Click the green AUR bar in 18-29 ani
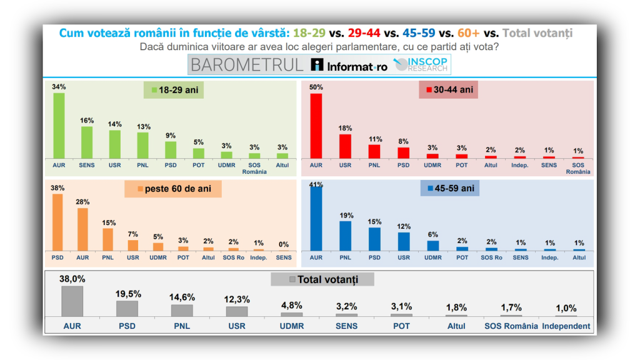[x=59, y=125]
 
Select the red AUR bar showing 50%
[x=316, y=126]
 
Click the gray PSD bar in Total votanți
[x=127, y=309]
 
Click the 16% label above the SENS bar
[x=86, y=121]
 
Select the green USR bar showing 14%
[x=115, y=144]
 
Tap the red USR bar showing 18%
[x=345, y=146]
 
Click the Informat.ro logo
[x=349, y=65]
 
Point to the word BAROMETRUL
[x=246, y=65]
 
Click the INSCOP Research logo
[x=420, y=64]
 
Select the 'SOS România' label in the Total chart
[x=511, y=326]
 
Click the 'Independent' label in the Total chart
[x=566, y=326]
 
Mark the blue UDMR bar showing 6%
[x=432, y=245]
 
